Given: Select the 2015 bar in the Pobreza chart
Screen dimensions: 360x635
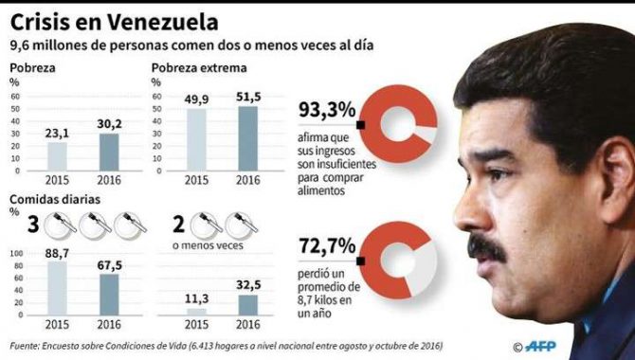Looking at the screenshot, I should (x=58, y=156).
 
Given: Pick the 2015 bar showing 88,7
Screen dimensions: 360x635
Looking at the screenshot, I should (x=57, y=289).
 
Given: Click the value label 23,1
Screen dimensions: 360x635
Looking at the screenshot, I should (x=58, y=135).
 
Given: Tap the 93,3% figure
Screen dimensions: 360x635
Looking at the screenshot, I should (x=326, y=110).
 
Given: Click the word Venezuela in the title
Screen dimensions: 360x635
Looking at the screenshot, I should (x=161, y=20).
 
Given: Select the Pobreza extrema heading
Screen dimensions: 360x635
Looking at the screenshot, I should (x=199, y=68).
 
